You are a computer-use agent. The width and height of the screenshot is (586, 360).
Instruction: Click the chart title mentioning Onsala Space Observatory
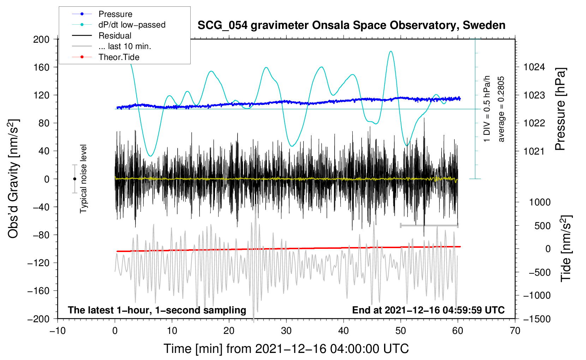click(x=351, y=25)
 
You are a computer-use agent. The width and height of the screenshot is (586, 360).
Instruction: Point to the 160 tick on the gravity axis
click(x=41, y=67)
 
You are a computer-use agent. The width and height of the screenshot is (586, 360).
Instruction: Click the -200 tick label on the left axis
click(x=38, y=319)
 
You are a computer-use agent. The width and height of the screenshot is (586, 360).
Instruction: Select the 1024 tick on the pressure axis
click(x=534, y=67)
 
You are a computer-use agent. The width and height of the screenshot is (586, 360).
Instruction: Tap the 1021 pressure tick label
click(x=534, y=151)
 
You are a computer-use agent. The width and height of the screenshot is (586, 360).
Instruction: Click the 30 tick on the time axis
click(x=286, y=331)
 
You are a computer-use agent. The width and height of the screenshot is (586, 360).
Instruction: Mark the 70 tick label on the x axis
click(x=515, y=331)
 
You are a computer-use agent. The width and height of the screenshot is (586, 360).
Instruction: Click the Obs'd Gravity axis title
click(x=13, y=179)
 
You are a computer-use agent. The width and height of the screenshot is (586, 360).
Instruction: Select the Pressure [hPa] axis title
click(x=560, y=109)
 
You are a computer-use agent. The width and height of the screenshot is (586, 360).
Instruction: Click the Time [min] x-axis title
click(x=286, y=349)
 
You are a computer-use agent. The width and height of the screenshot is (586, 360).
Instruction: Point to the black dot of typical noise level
click(x=74, y=179)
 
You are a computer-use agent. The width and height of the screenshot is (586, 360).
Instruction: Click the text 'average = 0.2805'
click(x=501, y=109)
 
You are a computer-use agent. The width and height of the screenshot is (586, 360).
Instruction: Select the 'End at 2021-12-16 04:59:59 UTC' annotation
click(x=428, y=310)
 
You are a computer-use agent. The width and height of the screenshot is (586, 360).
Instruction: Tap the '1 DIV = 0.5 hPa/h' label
click(x=487, y=109)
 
